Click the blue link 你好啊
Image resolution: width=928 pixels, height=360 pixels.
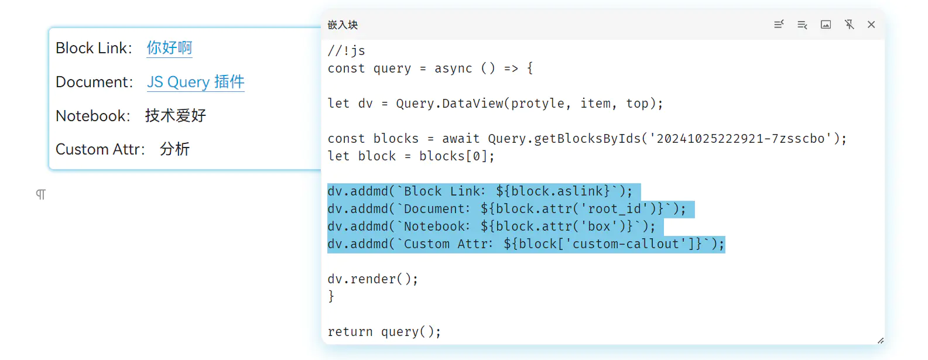pyautogui.click(x=169, y=48)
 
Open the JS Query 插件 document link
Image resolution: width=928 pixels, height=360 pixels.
pyautogui.click(x=196, y=82)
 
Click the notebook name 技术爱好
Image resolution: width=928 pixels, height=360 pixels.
pyautogui.click(x=176, y=116)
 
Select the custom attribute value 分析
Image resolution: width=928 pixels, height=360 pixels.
pyautogui.click(x=174, y=149)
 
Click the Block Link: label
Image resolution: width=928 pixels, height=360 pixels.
pyautogui.click(x=94, y=48)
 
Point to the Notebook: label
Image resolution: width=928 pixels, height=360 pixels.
pyautogui.click(x=93, y=116)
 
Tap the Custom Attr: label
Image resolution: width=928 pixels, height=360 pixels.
pyautogui.click(x=100, y=149)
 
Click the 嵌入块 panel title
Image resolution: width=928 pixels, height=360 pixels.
pyautogui.click(x=343, y=25)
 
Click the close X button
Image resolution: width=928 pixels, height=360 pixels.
pyautogui.click(x=871, y=25)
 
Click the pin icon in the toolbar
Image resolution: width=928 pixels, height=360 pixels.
pyautogui.click(x=849, y=25)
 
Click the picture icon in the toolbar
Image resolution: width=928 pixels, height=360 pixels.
pyautogui.click(x=826, y=25)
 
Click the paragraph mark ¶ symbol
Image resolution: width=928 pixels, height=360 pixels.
pyautogui.click(x=40, y=194)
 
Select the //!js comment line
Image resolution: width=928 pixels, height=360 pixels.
pyautogui.click(x=347, y=51)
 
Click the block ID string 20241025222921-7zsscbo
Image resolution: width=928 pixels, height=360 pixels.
pyautogui.click(x=740, y=139)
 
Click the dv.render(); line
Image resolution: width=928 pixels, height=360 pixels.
pyautogui.click(x=373, y=279)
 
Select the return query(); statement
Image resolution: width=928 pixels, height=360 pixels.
pyautogui.click(x=384, y=332)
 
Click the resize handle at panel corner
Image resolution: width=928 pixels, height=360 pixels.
pyautogui.click(x=880, y=340)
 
